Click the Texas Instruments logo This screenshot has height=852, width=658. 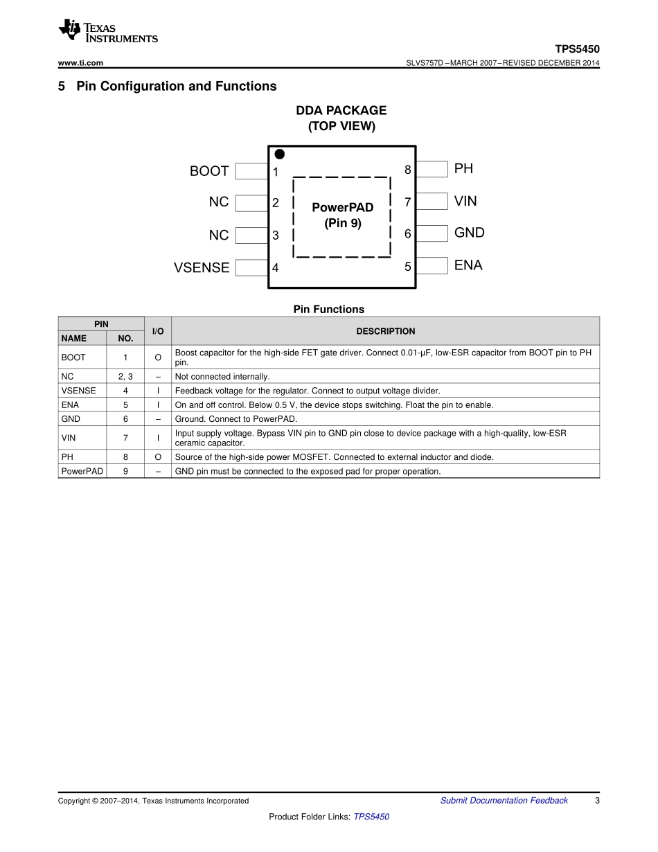point(107,30)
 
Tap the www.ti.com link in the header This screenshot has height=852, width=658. point(80,63)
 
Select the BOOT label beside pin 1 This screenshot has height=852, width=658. point(209,171)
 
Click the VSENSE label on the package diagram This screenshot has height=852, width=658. point(202,267)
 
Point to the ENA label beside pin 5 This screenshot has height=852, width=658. point(468,265)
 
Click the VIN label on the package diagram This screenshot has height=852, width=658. point(465,201)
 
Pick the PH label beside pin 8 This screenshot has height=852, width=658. point(463,168)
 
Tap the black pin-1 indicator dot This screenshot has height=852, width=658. point(279,154)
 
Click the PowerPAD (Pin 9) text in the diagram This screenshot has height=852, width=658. point(342,215)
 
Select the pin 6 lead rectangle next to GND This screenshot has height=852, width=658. point(432,233)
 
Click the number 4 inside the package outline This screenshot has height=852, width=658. point(275,267)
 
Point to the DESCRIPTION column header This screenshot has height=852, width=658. point(385,331)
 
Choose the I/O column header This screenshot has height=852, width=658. point(158,331)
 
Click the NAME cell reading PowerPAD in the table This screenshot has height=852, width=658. point(82,471)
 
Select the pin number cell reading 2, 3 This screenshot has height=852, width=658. point(125,377)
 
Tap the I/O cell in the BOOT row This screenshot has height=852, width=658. point(158,357)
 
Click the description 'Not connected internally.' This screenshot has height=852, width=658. point(222,377)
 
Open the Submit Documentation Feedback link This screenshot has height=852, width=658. point(504,801)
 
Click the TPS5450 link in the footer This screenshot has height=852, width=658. point(371,817)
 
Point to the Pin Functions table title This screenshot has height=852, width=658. point(328,310)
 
